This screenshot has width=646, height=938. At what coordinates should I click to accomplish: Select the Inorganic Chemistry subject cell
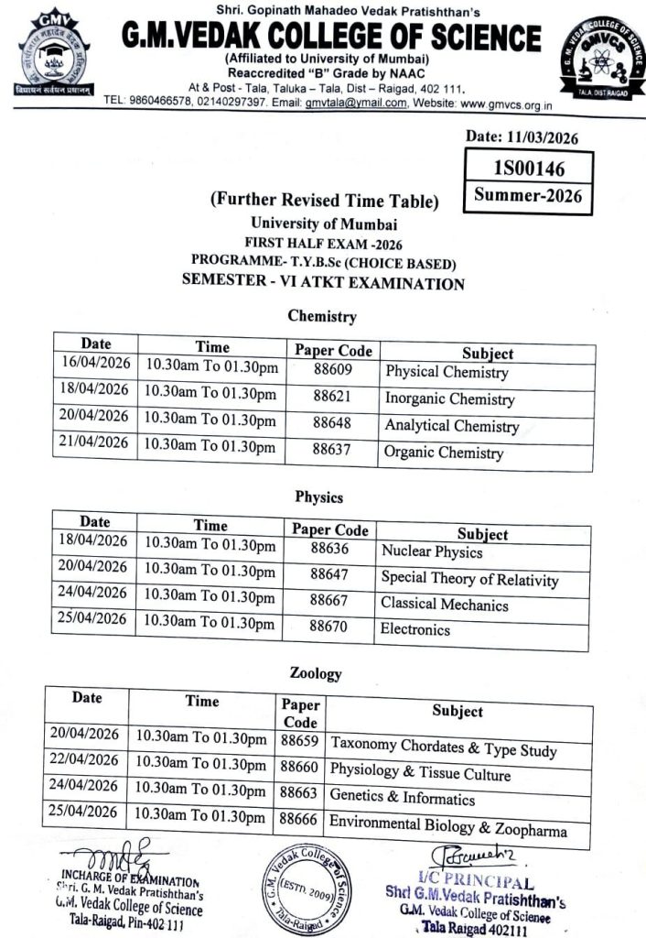[449, 399]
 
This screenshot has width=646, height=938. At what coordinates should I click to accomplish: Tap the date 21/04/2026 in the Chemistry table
[94, 442]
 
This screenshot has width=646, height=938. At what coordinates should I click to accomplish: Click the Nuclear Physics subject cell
[432, 551]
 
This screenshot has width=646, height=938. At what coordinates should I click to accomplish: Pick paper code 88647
[329, 574]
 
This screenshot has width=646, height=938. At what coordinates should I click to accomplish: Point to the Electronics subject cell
[415, 629]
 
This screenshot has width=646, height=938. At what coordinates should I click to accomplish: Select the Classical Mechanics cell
[444, 604]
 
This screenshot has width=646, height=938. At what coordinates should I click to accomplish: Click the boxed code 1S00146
[529, 169]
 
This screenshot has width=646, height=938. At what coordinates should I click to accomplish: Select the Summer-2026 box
[529, 195]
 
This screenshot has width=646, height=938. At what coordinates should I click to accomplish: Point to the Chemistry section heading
[321, 316]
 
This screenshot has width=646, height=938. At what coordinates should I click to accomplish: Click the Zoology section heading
[316, 673]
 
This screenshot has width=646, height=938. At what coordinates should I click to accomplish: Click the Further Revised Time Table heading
[324, 201]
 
